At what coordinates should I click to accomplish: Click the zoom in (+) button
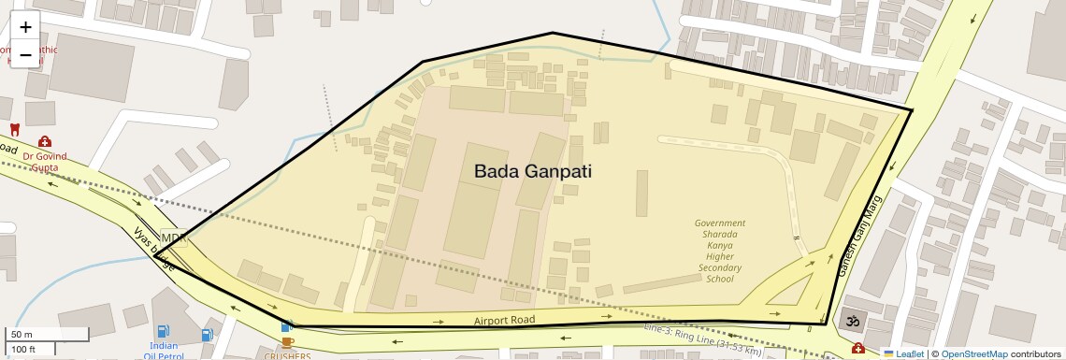[x=25, y=27]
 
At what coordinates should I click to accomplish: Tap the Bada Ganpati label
[x=532, y=171]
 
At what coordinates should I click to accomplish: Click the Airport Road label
[x=504, y=320]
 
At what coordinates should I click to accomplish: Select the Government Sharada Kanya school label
[x=719, y=251]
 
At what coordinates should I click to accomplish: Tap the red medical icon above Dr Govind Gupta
[x=44, y=141]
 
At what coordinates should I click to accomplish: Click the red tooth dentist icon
[x=14, y=129]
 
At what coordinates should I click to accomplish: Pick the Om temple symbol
[x=851, y=321]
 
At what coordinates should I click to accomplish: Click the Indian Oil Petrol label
[x=164, y=351]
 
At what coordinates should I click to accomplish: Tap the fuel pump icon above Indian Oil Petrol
[x=164, y=331]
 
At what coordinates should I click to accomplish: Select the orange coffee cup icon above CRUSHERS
[x=287, y=342]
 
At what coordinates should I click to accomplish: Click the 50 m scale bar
[x=35, y=334]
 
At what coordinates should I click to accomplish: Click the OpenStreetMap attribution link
[x=973, y=353]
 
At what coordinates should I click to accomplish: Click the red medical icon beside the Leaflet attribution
[x=857, y=349]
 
